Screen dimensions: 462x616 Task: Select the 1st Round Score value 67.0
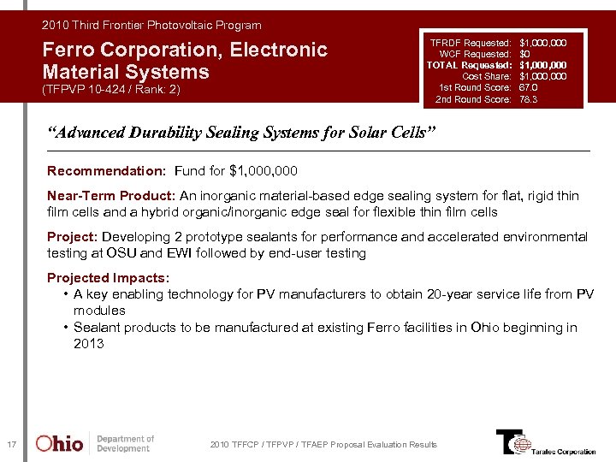[x=530, y=88]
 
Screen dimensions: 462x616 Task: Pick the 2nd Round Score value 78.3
[x=530, y=100]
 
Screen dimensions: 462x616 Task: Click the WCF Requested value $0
[x=524, y=53]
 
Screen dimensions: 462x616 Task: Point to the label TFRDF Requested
[x=471, y=42]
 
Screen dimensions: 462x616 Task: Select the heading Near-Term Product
[x=111, y=196]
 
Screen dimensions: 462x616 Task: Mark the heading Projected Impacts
[x=108, y=278]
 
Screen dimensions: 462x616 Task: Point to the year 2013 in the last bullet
[x=88, y=344]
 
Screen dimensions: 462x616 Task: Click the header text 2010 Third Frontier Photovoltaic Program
[x=151, y=26]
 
